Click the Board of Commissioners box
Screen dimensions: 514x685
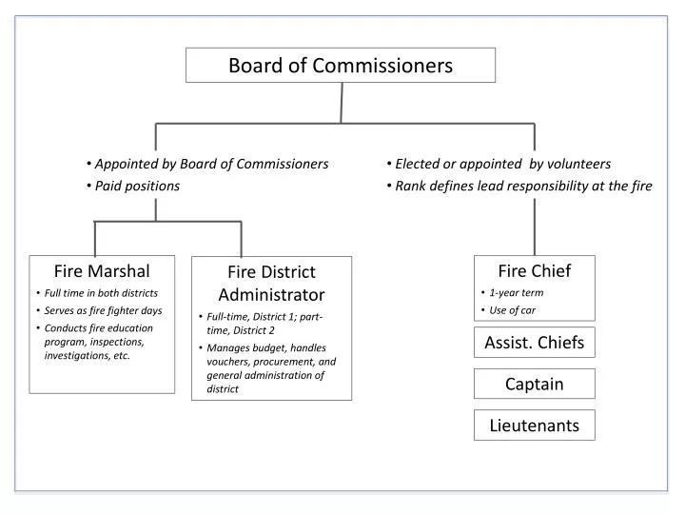340,66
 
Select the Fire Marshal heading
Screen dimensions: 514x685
102,270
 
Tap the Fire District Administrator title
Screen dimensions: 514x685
271,283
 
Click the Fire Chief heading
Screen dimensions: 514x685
534,271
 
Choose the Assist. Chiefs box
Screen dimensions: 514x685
534,343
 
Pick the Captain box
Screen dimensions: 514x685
534,384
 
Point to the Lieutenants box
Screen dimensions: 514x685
534,425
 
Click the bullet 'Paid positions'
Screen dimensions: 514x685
137,186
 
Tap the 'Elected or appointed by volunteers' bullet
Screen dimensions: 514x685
502,164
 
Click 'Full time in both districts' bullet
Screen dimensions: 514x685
101,292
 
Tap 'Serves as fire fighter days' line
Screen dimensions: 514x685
103,310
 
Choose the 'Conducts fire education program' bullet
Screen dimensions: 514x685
99,341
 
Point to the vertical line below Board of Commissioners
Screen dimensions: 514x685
341,103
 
